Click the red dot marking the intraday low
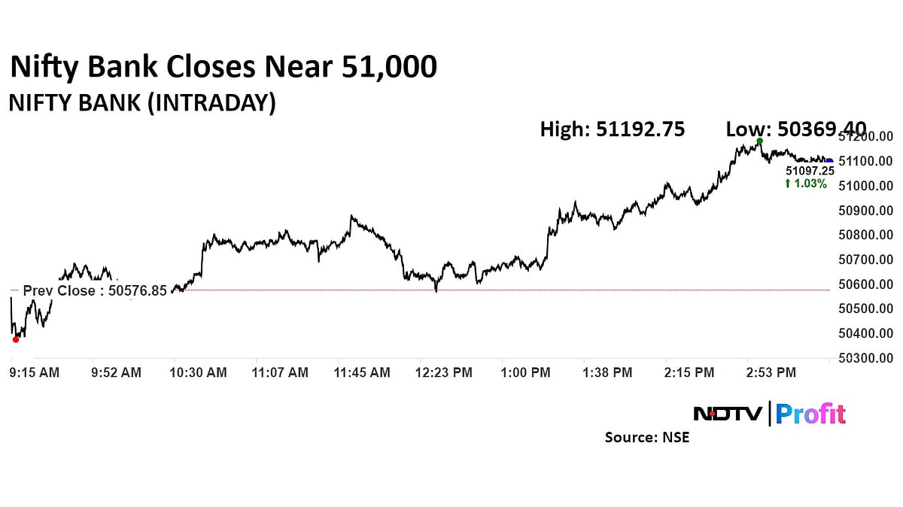(16, 339)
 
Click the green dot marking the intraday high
(759, 141)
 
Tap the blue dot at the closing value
(829, 160)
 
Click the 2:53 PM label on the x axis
(771, 372)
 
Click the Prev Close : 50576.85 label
(95, 290)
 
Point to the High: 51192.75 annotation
(612, 129)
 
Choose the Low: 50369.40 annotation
(795, 129)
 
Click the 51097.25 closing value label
(804, 172)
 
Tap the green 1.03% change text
(806, 184)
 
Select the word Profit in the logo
(810, 414)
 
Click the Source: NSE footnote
(646, 437)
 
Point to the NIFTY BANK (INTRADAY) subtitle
(142, 103)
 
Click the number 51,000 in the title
(389, 68)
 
